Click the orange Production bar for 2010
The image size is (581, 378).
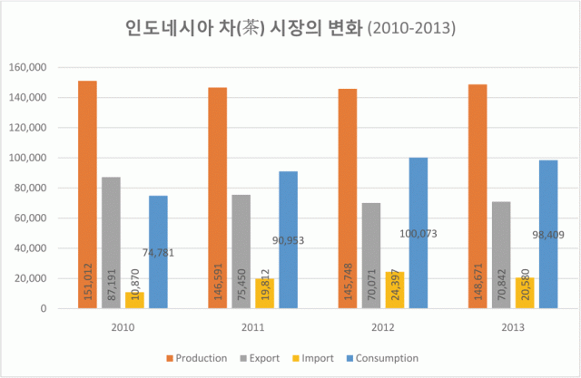tap(87, 195)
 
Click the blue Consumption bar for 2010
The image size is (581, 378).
tap(158, 252)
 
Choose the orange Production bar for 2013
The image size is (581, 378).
tap(478, 196)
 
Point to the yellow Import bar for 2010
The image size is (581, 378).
tap(134, 300)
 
